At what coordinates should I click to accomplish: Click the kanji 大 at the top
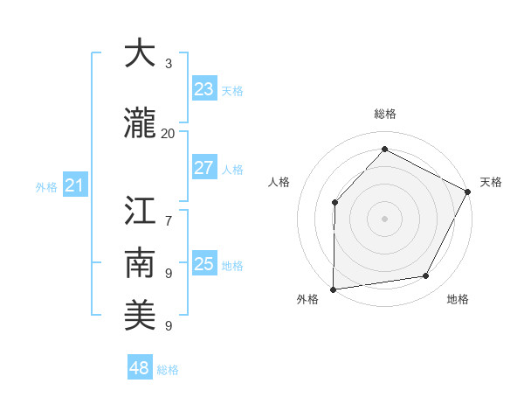coord(141,54)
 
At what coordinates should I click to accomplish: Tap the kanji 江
coord(141,212)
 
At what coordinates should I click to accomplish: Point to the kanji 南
coord(141,263)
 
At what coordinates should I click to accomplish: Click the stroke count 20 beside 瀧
coord(168,133)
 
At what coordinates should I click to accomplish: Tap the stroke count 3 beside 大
coord(168,64)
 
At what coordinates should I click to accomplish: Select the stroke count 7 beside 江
coord(168,212)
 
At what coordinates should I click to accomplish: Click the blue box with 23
coord(203,89)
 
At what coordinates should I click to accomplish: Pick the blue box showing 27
coord(203,168)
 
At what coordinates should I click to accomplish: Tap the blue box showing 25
coord(203,264)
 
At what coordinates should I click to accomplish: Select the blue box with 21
coord(74,185)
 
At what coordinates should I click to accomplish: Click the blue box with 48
coord(139,368)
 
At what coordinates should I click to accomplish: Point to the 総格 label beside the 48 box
coord(168,370)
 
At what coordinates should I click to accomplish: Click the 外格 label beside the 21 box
coord(45,187)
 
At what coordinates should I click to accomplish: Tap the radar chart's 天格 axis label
coord(492,182)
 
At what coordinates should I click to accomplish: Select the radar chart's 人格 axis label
coord(279,182)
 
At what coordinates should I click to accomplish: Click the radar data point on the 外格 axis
coord(333,289)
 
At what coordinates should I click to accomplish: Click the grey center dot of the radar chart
coord(384,218)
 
